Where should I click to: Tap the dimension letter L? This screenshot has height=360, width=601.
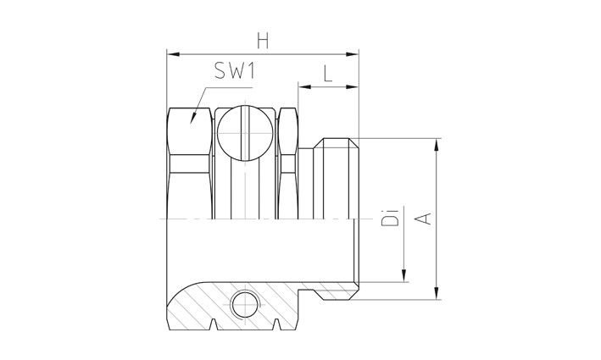point(327,73)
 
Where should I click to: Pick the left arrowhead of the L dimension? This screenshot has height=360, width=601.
point(302,85)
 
